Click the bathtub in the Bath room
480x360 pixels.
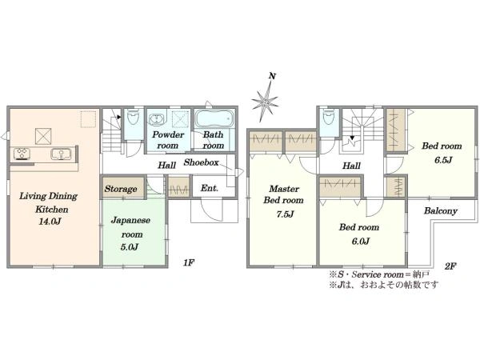pos(214,118)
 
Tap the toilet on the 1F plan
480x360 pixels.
pos(133,117)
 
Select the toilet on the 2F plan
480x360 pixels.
pos(329,117)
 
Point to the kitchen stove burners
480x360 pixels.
pos(22,154)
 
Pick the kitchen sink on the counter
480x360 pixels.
pos(62,154)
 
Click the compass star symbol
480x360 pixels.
pos(265,101)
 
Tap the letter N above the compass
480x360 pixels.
pos(272,76)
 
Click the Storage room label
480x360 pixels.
pos(121,189)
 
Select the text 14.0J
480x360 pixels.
pos(50,221)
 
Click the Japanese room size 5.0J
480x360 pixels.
pos(129,246)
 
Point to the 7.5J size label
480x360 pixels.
pos(285,214)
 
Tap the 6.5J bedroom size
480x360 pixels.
pos(443,160)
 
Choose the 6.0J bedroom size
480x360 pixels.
pos(361,242)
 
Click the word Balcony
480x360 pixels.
pos(441,210)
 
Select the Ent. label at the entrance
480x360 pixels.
pos(210,188)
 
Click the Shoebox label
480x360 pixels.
pos(201,162)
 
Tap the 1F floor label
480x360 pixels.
pos(189,262)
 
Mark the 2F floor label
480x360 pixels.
pos(450,266)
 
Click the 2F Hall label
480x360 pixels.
pos(351,166)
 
